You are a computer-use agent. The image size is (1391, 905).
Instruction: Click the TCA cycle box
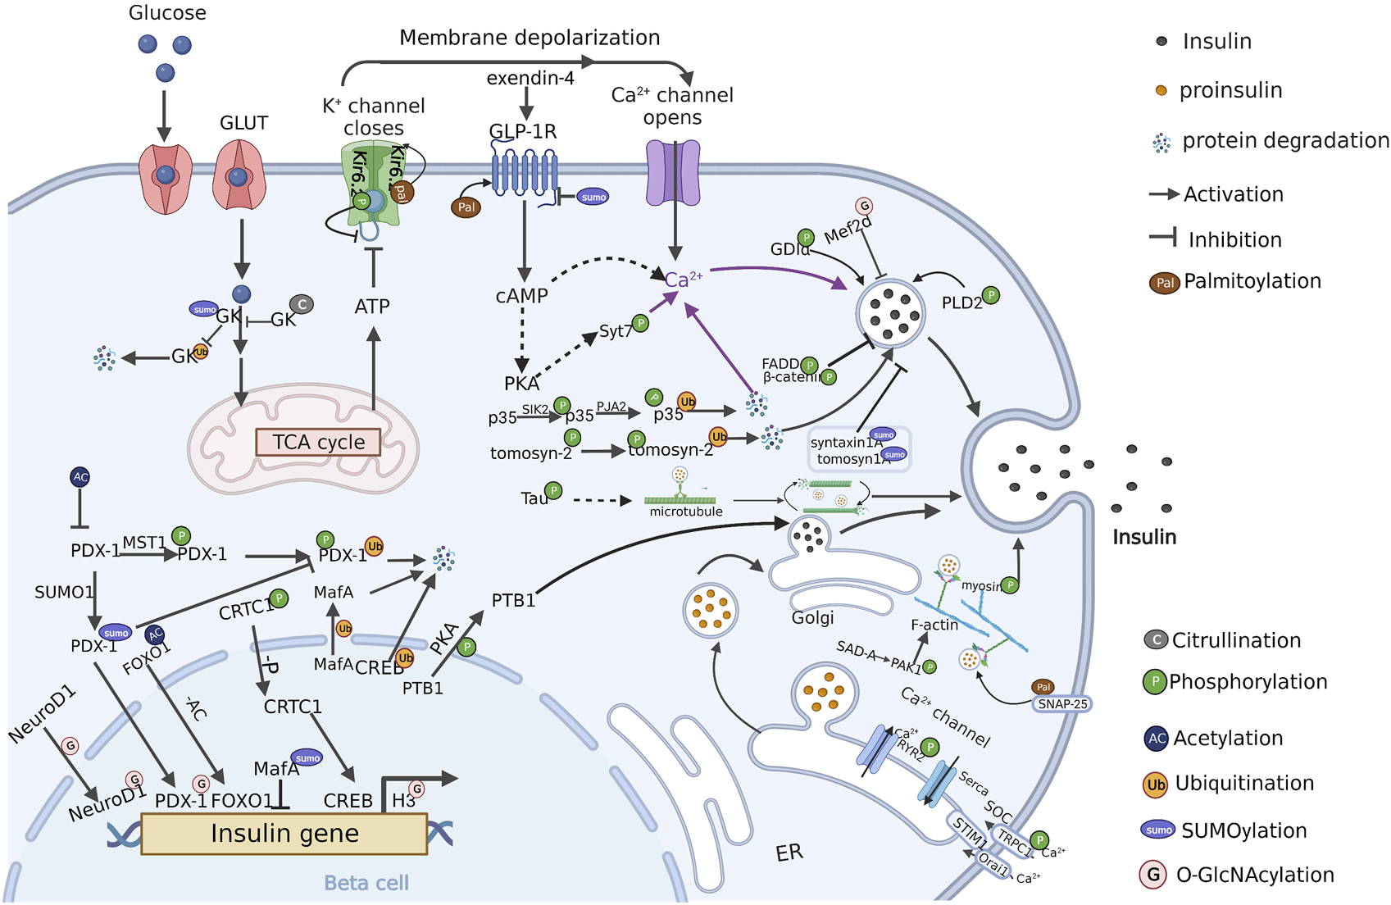pyautogui.click(x=318, y=442)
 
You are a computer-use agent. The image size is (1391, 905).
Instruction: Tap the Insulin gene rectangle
pyautogui.click(x=284, y=834)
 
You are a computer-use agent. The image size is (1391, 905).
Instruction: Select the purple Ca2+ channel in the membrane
pyautogui.click(x=674, y=173)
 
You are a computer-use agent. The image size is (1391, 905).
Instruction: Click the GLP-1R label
pyautogui.click(x=523, y=132)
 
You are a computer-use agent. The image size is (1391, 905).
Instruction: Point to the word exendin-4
pyautogui.click(x=530, y=79)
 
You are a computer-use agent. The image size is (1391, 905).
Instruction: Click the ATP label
pyautogui.click(x=372, y=307)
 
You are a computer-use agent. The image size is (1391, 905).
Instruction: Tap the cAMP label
pyautogui.click(x=521, y=296)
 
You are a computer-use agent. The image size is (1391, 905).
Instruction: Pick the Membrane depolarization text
pyautogui.click(x=530, y=38)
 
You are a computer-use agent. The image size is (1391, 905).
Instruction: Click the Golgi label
pyautogui.click(x=812, y=617)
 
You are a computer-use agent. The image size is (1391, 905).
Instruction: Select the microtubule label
pyautogui.click(x=686, y=512)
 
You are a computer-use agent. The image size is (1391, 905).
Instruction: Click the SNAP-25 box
pyautogui.click(x=1062, y=704)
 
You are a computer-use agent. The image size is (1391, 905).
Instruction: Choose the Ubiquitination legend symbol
pyautogui.click(x=1156, y=784)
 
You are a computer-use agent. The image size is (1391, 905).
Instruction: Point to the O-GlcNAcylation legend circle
pyautogui.click(x=1153, y=875)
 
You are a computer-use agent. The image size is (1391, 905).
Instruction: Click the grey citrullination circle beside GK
pyautogui.click(x=302, y=305)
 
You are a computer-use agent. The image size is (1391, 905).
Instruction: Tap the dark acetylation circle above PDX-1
pyautogui.click(x=80, y=477)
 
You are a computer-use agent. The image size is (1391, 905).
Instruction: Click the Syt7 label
pyautogui.click(x=615, y=331)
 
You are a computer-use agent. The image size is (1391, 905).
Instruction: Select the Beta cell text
pyautogui.click(x=366, y=883)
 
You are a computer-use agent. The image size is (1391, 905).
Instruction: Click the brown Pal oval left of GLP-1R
pyautogui.click(x=466, y=207)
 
